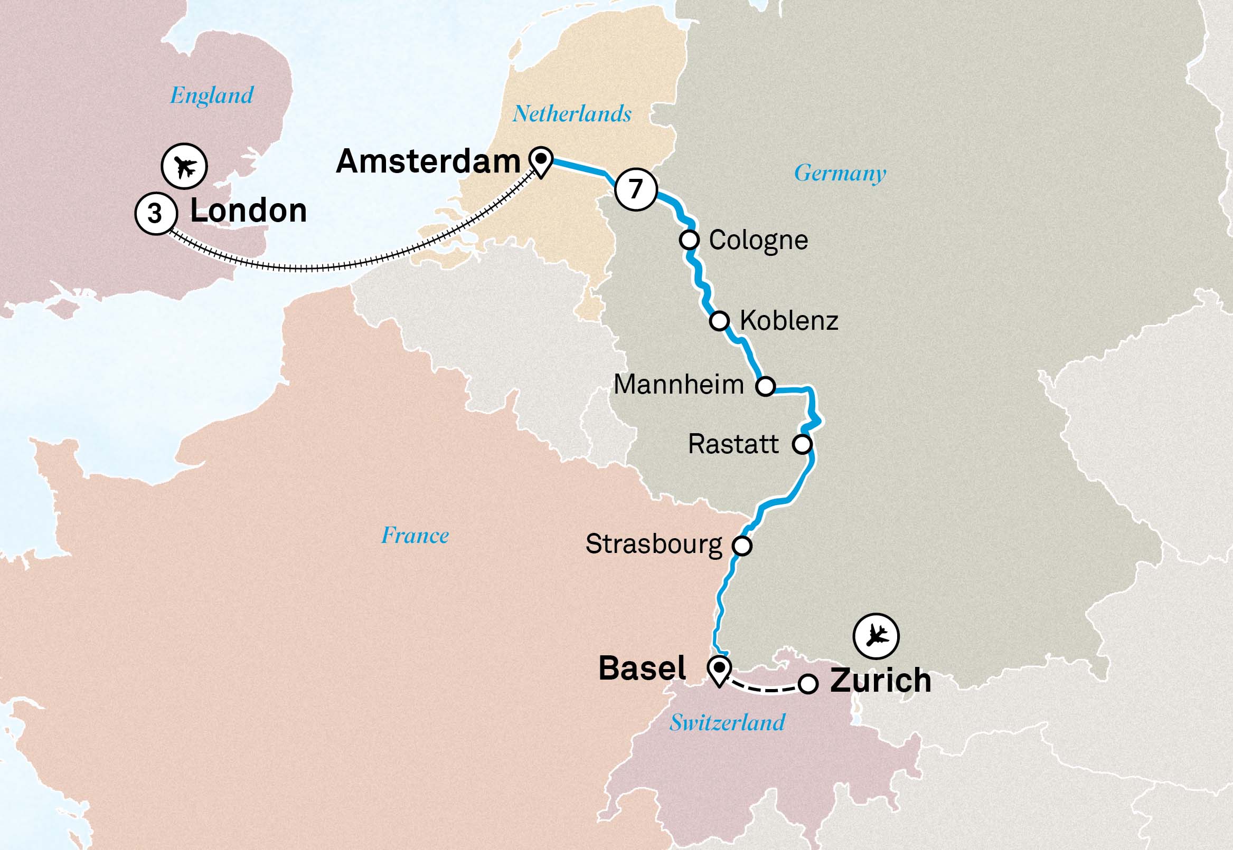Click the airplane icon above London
[184, 166]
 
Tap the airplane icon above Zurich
[876, 636]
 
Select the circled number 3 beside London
[155, 213]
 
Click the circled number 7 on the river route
[635, 189]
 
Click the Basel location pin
[719, 670]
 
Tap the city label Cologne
[758, 240]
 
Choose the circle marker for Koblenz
[719, 321]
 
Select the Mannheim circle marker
[766, 386]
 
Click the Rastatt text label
[733, 444]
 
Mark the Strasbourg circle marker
[742, 546]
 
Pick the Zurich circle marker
[807, 683]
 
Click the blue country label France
[415, 535]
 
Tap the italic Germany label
[840, 173]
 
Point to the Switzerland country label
[727, 723]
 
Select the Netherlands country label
[572, 114]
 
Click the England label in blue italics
[212, 96]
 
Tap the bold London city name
[248, 211]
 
